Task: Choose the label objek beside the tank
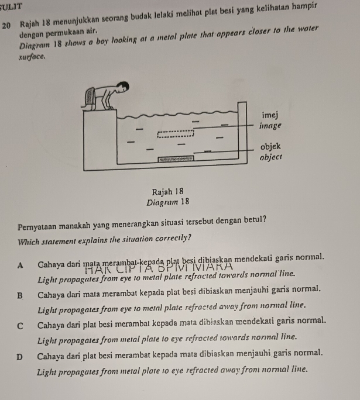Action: coord(272,147)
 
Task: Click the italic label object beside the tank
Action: coord(271,157)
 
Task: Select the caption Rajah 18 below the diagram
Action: coord(168,192)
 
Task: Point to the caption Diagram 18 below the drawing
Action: coord(168,203)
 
